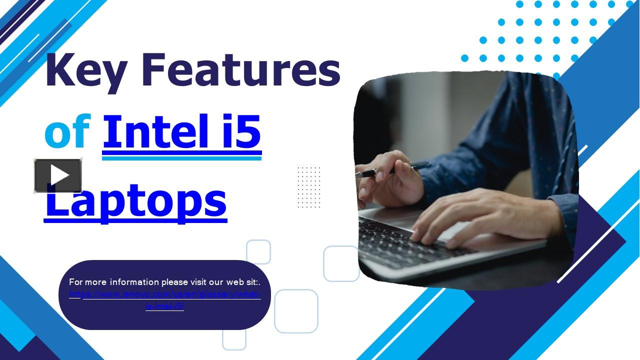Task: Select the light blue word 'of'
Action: point(67,132)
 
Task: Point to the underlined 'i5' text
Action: point(239,132)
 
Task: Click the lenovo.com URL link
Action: point(165,294)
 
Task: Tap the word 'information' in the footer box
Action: point(134,282)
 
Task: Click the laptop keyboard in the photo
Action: point(395,240)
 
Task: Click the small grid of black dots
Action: point(308,187)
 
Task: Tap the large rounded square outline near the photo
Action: point(341,263)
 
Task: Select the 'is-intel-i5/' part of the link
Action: point(165,306)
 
